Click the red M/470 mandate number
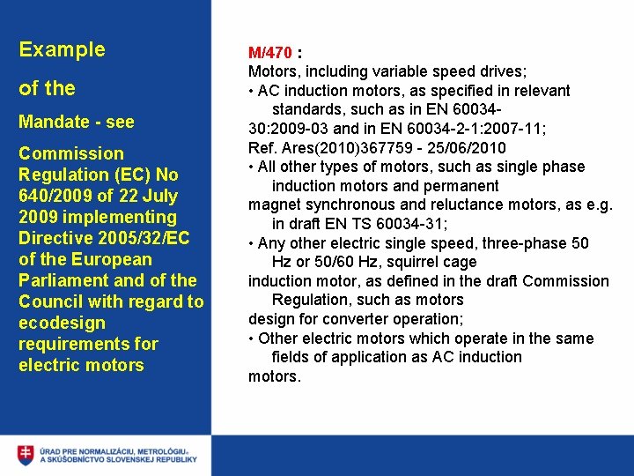coord(269,52)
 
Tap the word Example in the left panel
coord(62,49)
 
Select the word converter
coord(350,319)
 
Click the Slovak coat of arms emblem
coord(26,455)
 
